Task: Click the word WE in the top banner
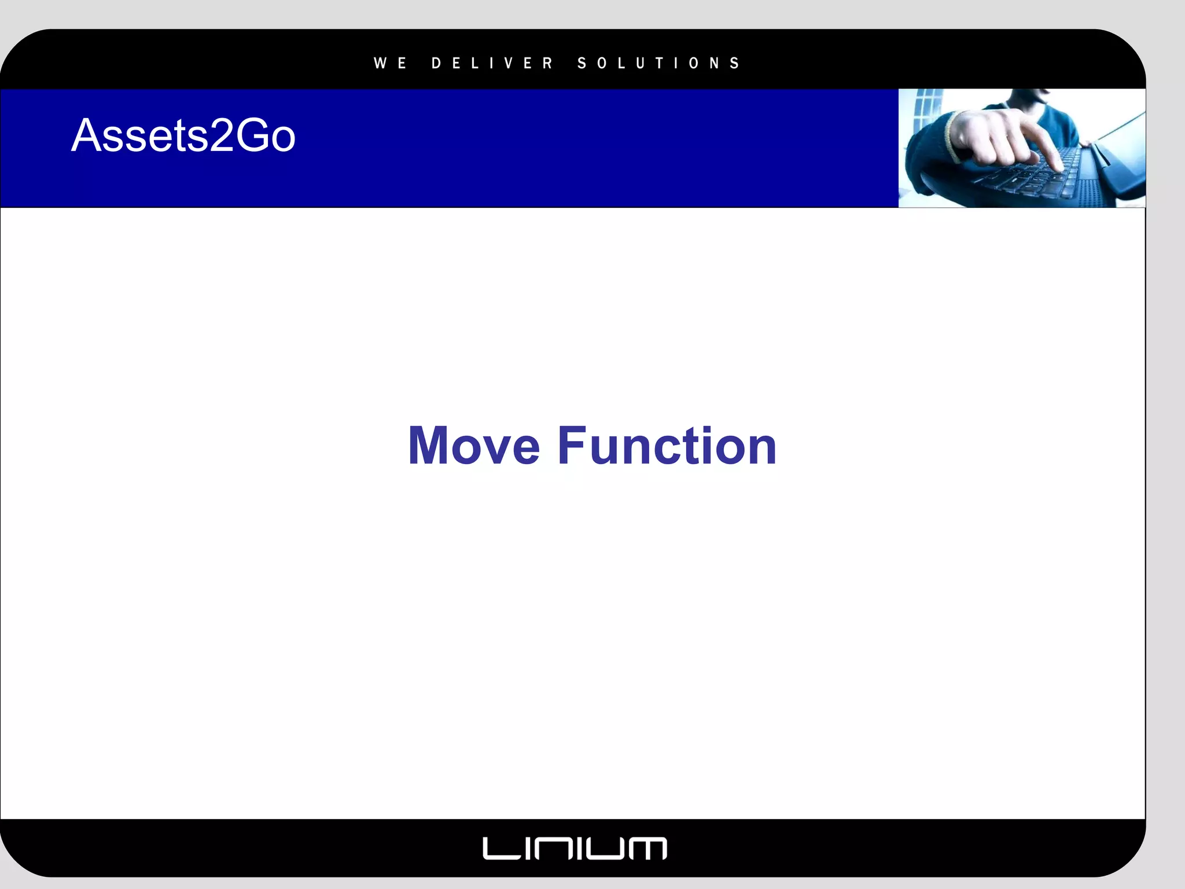[x=390, y=63]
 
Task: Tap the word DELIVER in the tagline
[x=492, y=63]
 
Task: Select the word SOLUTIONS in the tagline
[x=658, y=63]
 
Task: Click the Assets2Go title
[x=183, y=135]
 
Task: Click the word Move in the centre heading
[x=474, y=446]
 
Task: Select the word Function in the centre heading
[x=667, y=446]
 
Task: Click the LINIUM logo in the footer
[x=575, y=848]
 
